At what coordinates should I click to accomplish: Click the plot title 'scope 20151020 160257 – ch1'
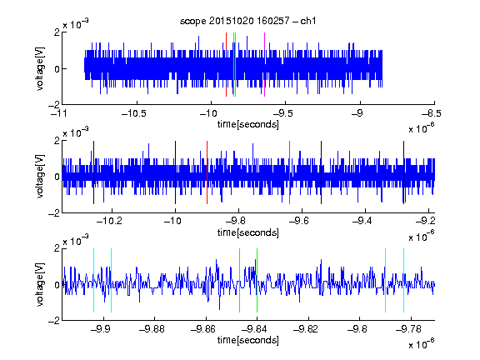point(247,21)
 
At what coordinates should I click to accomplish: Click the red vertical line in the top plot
point(226,65)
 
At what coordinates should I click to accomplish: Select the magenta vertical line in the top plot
point(264,65)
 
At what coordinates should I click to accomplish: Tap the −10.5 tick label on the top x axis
point(134,113)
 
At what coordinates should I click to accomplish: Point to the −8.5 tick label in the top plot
point(432,113)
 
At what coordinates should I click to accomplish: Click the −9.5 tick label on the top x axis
point(282,113)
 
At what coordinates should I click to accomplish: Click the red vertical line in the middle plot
point(207,172)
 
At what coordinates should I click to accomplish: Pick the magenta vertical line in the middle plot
point(290,172)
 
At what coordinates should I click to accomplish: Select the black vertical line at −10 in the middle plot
point(175,172)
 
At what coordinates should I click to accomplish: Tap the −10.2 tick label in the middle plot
point(109,221)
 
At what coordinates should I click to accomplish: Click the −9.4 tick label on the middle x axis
point(362,221)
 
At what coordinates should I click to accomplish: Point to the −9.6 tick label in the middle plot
point(299,221)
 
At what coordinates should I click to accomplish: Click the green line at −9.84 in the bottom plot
point(257,280)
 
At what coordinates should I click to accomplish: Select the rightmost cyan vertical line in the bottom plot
point(404,280)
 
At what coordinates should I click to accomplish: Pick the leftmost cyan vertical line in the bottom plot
point(93,280)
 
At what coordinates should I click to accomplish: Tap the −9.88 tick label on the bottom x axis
point(152,329)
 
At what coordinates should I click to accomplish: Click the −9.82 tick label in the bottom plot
point(306,329)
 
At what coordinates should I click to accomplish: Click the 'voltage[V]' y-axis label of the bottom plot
point(40,284)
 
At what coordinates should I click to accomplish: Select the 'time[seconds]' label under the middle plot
point(248,232)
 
